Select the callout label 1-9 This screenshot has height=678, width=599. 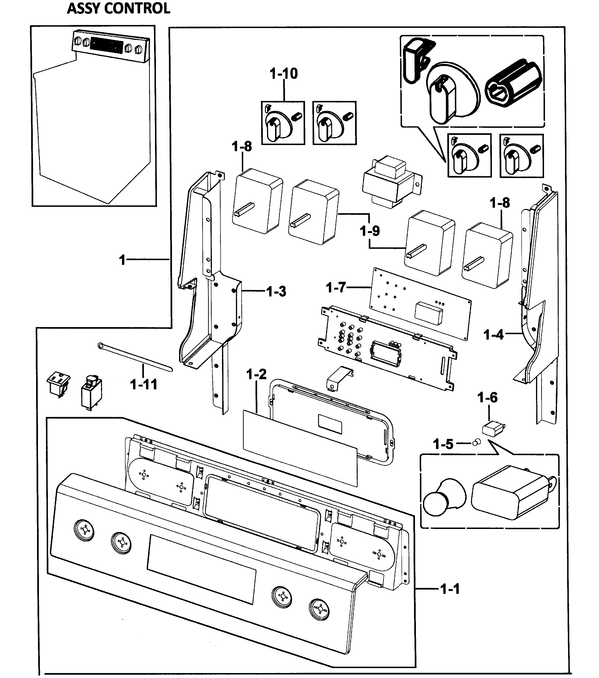(x=370, y=231)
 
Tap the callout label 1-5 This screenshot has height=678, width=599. (x=443, y=444)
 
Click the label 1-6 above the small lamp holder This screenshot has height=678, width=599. (x=487, y=397)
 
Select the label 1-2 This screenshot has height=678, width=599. (x=256, y=374)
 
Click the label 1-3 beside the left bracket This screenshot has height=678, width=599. (x=276, y=291)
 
